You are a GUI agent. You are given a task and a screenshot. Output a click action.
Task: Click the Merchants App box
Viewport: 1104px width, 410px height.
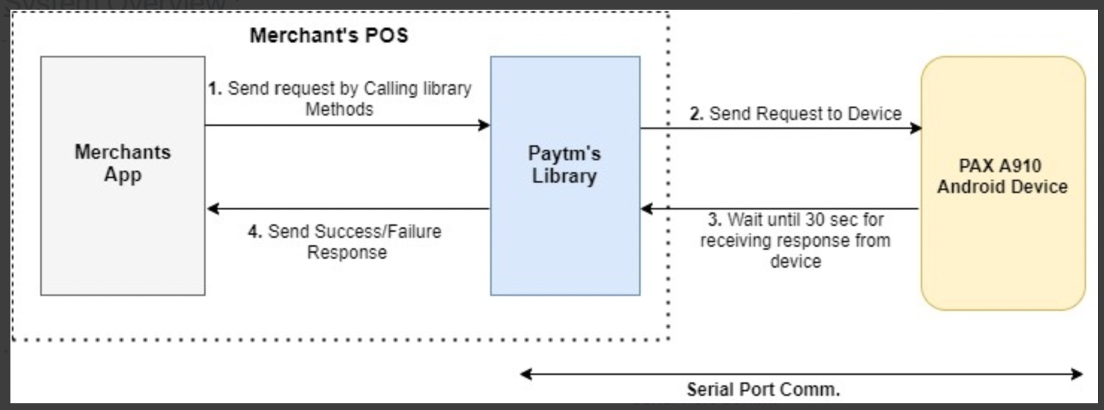point(122,176)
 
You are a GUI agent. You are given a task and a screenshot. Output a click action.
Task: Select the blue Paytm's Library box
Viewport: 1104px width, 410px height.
point(565,176)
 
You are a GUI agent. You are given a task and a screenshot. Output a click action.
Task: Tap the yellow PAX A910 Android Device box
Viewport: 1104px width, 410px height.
point(1003,183)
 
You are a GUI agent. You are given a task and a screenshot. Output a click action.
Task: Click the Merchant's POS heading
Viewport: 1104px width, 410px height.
point(329,35)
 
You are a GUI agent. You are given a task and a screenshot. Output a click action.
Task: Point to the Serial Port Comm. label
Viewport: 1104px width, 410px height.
point(763,389)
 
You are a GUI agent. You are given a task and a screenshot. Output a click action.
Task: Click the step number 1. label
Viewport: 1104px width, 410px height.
point(215,89)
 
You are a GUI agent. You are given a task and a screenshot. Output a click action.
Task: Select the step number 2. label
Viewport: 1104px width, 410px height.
point(697,114)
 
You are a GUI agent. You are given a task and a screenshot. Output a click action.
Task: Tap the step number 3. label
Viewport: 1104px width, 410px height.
point(714,221)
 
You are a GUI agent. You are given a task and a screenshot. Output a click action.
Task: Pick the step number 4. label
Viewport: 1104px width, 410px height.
point(255,232)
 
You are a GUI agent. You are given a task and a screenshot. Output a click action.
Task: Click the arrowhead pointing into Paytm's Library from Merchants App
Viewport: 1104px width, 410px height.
point(484,125)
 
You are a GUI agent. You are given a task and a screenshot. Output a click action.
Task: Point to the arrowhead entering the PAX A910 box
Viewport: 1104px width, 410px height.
point(916,128)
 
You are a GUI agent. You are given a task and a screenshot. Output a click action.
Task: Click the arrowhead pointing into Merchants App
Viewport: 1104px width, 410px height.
point(213,209)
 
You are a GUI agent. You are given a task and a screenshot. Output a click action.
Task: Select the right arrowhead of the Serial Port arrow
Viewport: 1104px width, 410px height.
point(1077,373)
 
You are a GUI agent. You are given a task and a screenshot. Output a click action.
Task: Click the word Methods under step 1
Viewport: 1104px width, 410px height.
point(340,110)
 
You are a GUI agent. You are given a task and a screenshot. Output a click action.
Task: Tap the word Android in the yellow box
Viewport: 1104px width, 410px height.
point(970,186)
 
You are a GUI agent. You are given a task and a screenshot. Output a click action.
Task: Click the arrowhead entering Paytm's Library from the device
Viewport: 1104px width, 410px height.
point(647,209)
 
